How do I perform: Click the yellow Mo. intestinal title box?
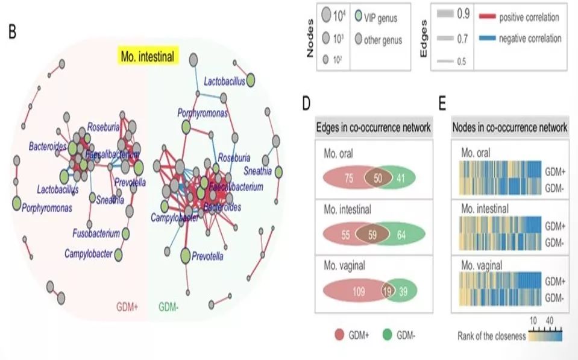tap(147, 58)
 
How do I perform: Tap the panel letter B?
tap(13, 31)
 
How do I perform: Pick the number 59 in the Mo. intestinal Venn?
tap(372, 235)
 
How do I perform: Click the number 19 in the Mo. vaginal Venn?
tap(388, 291)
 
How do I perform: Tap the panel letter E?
tap(442, 103)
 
